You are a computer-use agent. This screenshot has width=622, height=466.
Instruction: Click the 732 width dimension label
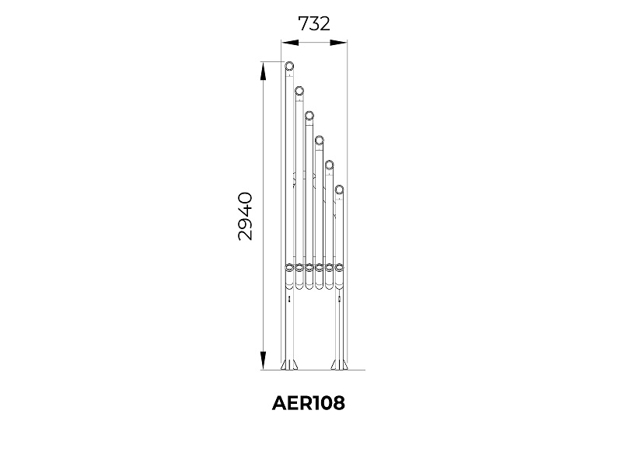tap(314, 24)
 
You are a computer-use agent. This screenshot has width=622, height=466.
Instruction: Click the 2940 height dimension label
tap(245, 217)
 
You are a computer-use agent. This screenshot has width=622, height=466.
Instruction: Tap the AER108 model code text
tap(309, 403)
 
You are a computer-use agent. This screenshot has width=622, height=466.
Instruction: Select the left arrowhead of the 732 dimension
tap(290, 43)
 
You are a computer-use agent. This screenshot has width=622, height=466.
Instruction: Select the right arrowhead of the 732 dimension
tap(338, 43)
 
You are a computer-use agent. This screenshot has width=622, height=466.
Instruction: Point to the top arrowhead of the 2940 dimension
tap(263, 71)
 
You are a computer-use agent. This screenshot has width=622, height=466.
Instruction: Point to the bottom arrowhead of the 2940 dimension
tap(263, 360)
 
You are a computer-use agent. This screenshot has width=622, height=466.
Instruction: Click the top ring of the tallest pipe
tap(289, 66)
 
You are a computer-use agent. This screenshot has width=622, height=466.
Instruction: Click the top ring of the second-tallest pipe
tap(299, 91)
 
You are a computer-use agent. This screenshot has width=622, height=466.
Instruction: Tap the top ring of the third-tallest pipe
tap(309, 116)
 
